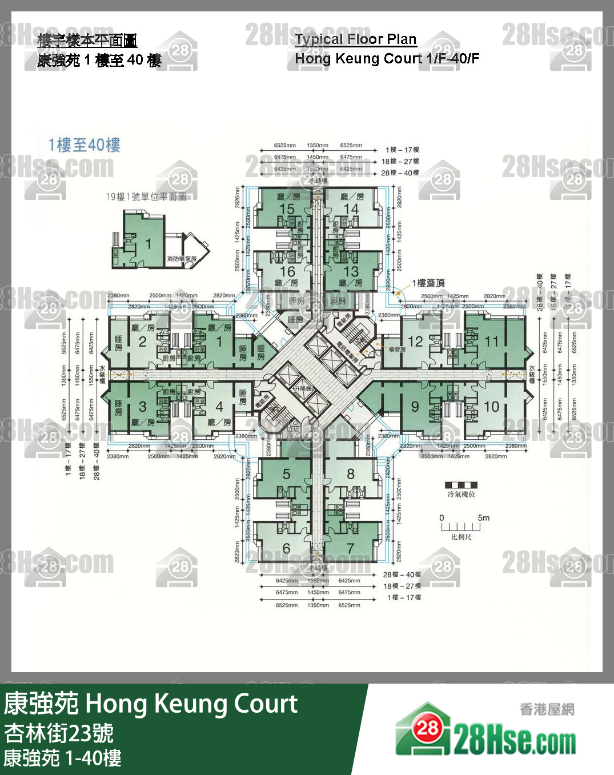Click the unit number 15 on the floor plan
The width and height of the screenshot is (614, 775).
[287, 209]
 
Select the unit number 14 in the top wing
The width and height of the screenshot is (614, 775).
[351, 209]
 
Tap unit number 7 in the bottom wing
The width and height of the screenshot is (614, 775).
[350, 548]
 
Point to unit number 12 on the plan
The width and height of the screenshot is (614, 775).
[415, 342]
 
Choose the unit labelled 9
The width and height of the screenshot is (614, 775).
[415, 407]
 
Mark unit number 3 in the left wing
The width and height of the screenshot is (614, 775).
[142, 407]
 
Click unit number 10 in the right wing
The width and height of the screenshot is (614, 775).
[491, 407]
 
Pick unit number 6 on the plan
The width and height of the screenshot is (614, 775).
[286, 548]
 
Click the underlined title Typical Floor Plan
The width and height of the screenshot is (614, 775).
[355, 39]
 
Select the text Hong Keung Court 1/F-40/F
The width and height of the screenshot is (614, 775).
[387, 58]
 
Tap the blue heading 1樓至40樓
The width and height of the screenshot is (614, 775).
[84, 145]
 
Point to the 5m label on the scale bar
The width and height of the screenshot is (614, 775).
[483, 518]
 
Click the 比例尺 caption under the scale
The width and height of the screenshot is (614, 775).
[461, 537]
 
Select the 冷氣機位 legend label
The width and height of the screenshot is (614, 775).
[461, 494]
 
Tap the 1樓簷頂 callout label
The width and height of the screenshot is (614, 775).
[428, 283]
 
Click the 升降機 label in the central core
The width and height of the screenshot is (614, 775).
[302, 389]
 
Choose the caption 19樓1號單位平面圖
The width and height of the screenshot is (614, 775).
[146, 196]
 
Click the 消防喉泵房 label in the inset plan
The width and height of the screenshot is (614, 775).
[182, 259]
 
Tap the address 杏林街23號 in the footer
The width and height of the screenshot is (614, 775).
[59, 733]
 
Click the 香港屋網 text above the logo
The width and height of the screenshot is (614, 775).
[547, 709]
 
